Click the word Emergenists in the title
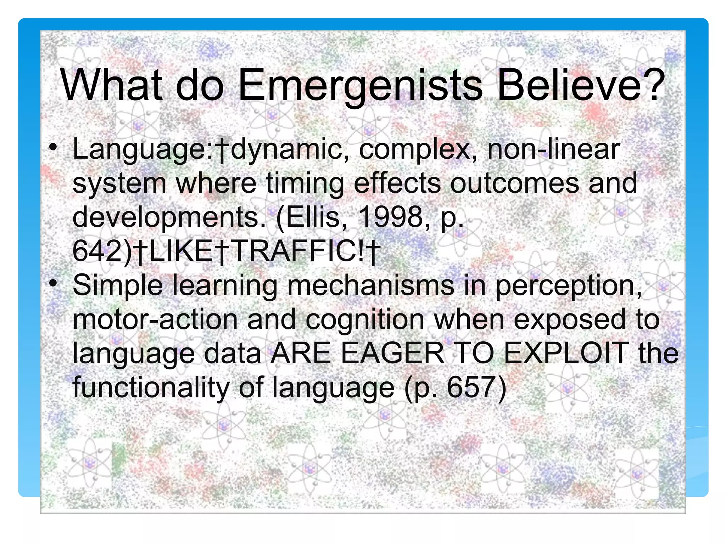(360, 86)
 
